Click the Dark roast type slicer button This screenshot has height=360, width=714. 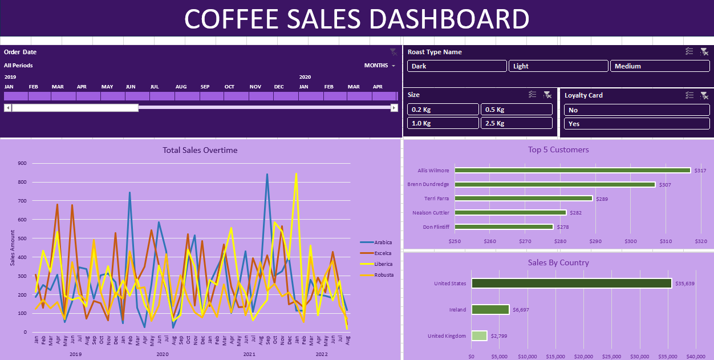(x=457, y=66)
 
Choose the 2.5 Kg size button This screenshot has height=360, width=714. (x=516, y=123)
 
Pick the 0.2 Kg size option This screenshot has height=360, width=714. (x=443, y=110)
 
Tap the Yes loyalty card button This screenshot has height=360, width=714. (x=636, y=124)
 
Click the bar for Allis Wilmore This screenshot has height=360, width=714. (x=572, y=171)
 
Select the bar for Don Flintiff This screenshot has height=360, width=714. (x=504, y=227)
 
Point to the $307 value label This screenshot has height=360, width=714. (x=665, y=185)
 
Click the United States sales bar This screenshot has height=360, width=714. (x=571, y=284)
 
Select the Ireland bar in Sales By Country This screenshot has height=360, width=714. (x=490, y=310)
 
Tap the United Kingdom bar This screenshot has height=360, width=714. (x=479, y=336)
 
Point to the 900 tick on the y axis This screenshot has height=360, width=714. (x=22, y=164)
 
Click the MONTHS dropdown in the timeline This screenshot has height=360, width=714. (x=380, y=66)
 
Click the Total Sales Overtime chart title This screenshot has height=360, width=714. (x=200, y=151)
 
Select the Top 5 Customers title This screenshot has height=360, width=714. (x=558, y=150)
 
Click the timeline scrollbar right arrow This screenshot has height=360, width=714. (x=393, y=108)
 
